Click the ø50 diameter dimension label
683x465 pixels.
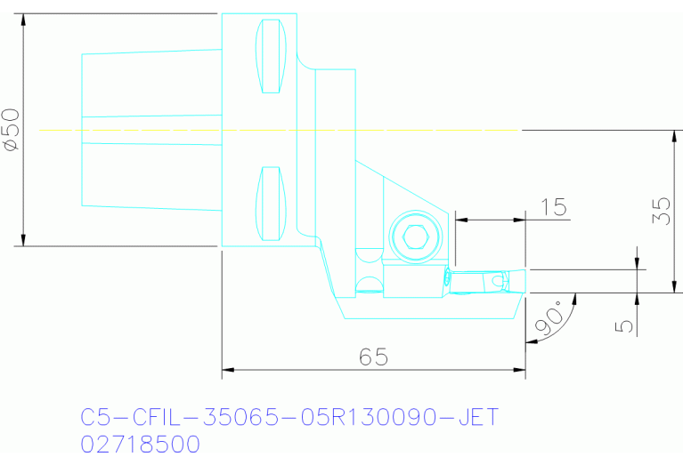coord(11,130)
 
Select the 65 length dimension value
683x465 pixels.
coord(374,357)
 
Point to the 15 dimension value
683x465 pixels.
coord(554,207)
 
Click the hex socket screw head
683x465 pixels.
coord(415,237)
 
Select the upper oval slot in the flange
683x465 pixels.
coord(270,56)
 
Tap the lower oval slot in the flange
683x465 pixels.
coord(270,203)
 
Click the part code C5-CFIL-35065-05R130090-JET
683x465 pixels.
coord(289,417)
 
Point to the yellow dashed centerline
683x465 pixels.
coord(267,130)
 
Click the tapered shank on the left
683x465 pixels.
coord(151,130)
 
